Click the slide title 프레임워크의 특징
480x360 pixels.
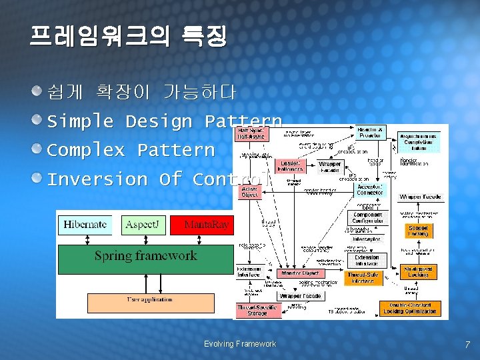tap(128, 36)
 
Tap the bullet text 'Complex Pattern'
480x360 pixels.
tap(131, 150)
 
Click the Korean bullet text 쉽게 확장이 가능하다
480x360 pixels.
tap(141, 92)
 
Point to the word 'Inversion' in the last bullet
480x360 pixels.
tap(97, 179)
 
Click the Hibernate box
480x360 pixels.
tap(85, 225)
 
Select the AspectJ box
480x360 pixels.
tap(142, 225)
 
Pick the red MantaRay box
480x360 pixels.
tap(201, 225)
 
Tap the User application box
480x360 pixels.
tap(150, 303)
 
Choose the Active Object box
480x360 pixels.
tap(249, 192)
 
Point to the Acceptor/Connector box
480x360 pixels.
tap(369, 189)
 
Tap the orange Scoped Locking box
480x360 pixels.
tap(418, 231)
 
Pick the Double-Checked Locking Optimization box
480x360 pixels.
tap(411, 308)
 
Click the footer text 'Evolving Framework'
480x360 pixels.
tap(239, 344)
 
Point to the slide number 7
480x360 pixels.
tap(467, 345)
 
